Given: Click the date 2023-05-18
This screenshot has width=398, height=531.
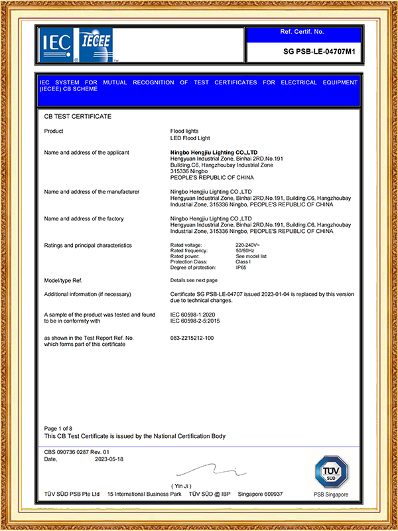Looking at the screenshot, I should tap(109, 459).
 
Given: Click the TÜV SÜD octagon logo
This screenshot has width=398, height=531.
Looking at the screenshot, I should tap(330, 471).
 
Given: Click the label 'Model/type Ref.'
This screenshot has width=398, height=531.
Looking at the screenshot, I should tap(63, 281).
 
